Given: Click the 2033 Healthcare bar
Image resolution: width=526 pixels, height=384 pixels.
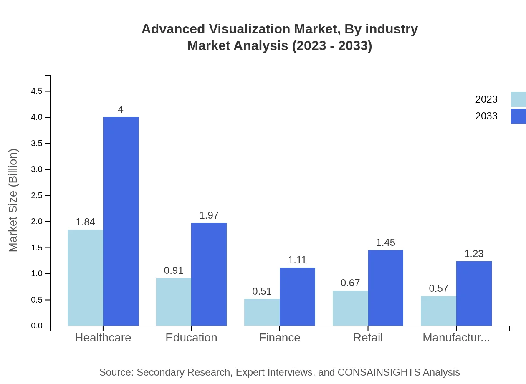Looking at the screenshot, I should pos(121,221).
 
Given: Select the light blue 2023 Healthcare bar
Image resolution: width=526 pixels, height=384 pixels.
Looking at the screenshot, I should pos(85,278).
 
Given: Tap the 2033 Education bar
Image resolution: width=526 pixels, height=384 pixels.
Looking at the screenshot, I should pos(209,274).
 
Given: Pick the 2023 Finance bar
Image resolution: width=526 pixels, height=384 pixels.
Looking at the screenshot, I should pos(262,312).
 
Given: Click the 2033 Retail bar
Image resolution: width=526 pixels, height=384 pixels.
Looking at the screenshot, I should pos(385,288).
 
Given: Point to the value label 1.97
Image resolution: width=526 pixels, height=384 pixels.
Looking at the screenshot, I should pos(209,215).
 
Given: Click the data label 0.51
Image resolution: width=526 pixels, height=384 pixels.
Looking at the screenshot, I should pos(262,291).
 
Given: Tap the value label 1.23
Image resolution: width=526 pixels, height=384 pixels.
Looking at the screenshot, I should pos(474,254).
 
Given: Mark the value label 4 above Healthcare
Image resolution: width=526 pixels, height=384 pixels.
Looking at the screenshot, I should pos(121,109).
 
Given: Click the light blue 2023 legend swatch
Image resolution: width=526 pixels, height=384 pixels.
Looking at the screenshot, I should pos(518,99).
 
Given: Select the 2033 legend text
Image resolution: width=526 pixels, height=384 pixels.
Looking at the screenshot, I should pos(486,116).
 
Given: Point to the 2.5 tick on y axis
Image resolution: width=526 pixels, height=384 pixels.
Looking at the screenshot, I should pos(37,195).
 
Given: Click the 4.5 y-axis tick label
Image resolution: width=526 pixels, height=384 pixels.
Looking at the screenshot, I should pos(37,91).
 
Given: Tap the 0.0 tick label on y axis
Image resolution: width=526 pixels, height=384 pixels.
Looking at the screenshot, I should pos(37,326).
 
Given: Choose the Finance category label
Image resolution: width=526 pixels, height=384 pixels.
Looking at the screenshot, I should pos(279,337).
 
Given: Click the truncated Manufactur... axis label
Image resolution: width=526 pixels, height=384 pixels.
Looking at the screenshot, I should pos(456,337).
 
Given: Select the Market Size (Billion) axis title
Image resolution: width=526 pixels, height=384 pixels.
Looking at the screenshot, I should pos(13,200).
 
